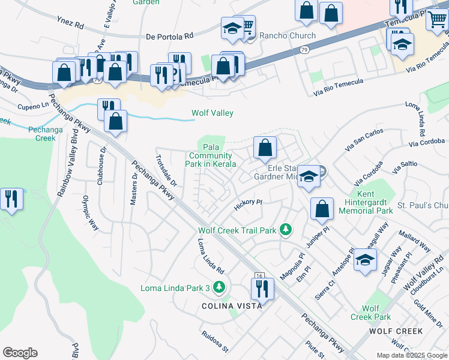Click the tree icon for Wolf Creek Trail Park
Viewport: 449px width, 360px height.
pyautogui.click(x=286, y=230)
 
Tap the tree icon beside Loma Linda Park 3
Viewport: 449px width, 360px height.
pyautogui.click(x=220, y=287)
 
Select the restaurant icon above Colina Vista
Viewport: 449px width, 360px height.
pyautogui.click(x=262, y=289)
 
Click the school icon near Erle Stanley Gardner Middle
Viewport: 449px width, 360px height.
pyautogui.click(x=309, y=176)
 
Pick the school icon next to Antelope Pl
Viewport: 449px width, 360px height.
pyautogui.click(x=364, y=260)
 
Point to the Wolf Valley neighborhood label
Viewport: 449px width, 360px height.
pyautogui.click(x=212, y=113)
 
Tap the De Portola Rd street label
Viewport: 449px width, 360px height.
pyautogui.click(x=170, y=36)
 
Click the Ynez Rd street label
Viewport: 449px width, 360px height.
pyautogui.click(x=70, y=25)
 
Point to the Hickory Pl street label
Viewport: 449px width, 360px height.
pyautogui.click(x=249, y=205)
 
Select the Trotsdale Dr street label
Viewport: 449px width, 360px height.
pyautogui.click(x=166, y=170)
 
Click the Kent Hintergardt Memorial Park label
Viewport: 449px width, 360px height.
pyautogui.click(x=366, y=204)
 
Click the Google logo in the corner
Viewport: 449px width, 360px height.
pyautogui.click(x=20, y=353)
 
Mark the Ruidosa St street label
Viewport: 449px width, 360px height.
pyautogui.click(x=215, y=341)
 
